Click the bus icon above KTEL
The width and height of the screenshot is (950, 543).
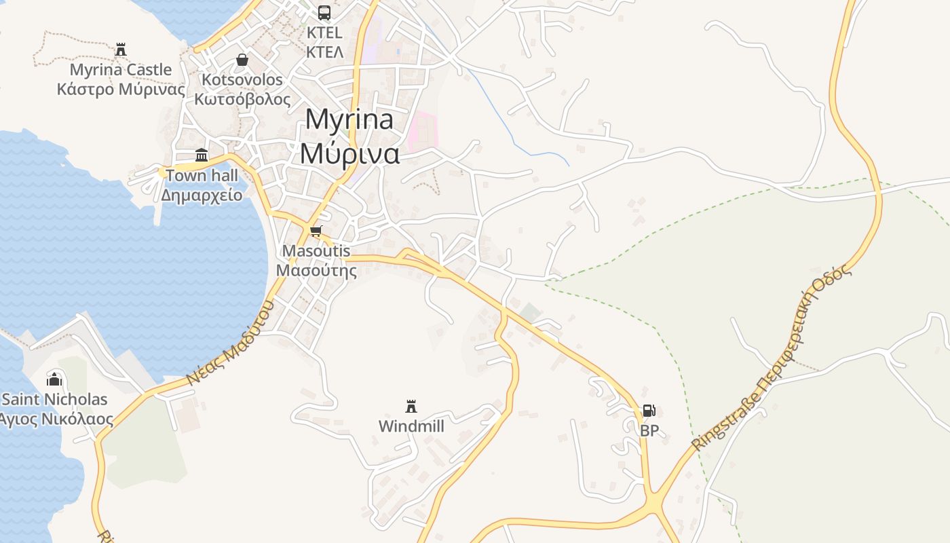324,12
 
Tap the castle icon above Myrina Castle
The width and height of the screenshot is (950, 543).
121,50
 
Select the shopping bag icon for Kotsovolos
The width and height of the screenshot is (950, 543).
242,60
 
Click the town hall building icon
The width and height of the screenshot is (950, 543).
202,155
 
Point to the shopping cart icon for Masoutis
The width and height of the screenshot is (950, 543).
316,231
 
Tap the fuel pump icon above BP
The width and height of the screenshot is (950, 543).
649,410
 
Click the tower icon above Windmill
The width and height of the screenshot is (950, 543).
411,406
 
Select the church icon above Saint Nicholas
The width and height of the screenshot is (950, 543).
54,379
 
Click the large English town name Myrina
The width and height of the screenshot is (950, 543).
349,119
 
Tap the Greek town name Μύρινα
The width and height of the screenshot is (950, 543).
349,153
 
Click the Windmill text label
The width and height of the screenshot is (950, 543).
411,426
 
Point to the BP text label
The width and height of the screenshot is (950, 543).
649,430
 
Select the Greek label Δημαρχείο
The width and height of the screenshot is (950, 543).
202,195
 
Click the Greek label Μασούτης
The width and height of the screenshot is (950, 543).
316,270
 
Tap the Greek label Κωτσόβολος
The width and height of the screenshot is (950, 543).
242,98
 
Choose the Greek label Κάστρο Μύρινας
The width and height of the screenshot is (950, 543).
121,89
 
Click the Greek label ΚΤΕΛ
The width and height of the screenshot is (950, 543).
324,52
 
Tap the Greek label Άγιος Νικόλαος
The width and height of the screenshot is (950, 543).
56,419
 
